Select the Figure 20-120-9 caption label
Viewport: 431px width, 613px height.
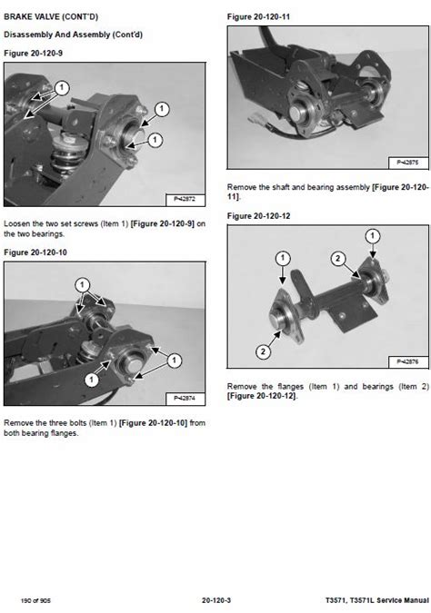(32, 54)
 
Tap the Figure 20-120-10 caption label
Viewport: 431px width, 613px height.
(34, 252)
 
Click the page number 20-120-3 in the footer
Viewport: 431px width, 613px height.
(215, 599)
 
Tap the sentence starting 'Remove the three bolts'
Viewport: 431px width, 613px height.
(105, 427)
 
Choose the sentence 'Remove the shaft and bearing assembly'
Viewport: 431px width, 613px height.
(328, 190)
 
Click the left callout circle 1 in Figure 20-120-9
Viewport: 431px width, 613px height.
(61, 88)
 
